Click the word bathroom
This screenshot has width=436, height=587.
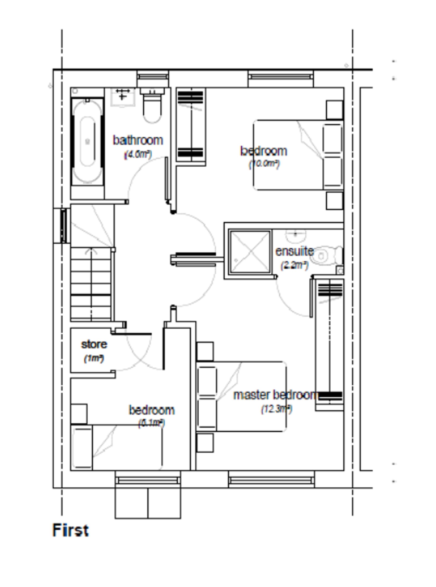tap(138, 140)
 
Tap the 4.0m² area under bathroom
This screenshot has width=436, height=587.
tap(138, 154)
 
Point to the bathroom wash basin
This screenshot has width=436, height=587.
tap(123, 98)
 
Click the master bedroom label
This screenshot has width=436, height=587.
tap(276, 395)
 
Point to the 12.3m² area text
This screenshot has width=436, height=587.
tap(277, 409)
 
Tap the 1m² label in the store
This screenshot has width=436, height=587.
tap(94, 358)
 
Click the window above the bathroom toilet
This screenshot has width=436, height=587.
tap(153, 77)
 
